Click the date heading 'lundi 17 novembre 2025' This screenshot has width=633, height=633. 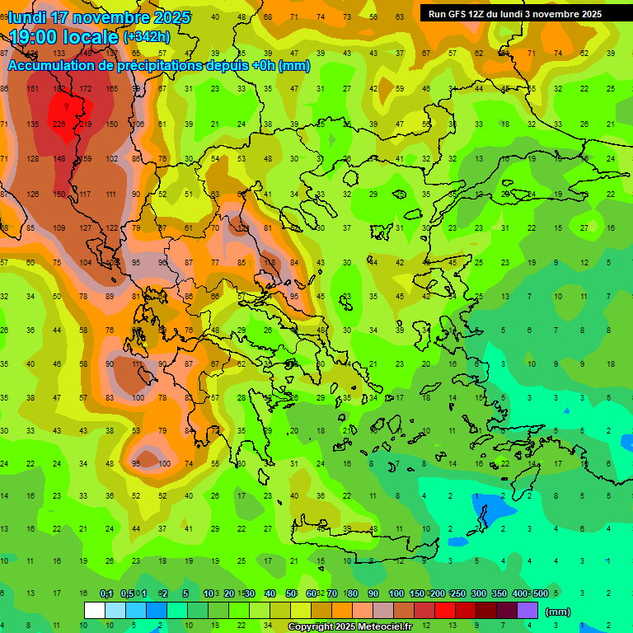tap(99, 17)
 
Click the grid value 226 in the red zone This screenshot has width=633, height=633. tap(59, 124)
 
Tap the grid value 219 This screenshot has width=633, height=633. tap(86, 124)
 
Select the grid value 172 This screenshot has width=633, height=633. tap(86, 88)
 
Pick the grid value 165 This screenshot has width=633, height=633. tap(112, 88)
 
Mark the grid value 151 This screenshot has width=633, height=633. tap(33, 88)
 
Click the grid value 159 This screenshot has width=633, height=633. tap(86, 159)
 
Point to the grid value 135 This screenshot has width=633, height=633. tap(33, 124)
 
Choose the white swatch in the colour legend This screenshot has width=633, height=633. tap(95, 610)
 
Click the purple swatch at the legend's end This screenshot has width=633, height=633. tap(527, 610)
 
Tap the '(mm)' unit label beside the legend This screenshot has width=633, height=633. tap(558, 612)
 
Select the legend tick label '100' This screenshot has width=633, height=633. tap(396, 594)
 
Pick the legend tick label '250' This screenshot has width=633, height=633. tap(458, 594)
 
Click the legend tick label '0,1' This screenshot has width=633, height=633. tap(106, 594)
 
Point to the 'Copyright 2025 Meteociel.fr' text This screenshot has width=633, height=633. tap(350, 627)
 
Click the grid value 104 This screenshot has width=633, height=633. tap(86, 262)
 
